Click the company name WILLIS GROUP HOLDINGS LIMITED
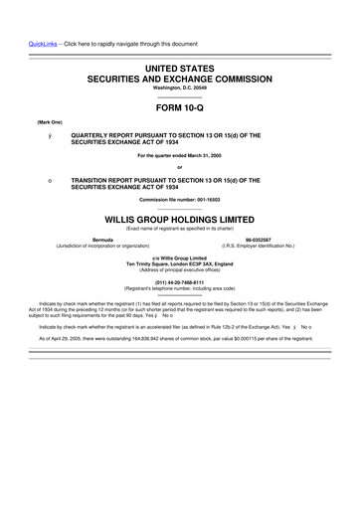pyautogui.click(x=180, y=220)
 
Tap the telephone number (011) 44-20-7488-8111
pyautogui.click(x=180, y=281)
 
